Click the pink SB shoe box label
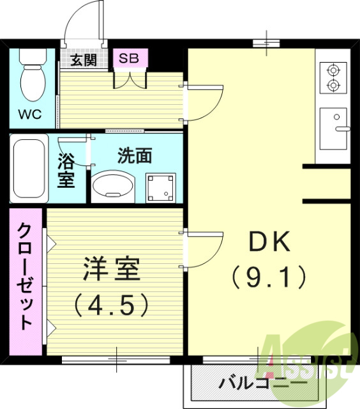click(x=130, y=58)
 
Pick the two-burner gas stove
click(x=333, y=77)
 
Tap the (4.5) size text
click(x=111, y=304)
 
